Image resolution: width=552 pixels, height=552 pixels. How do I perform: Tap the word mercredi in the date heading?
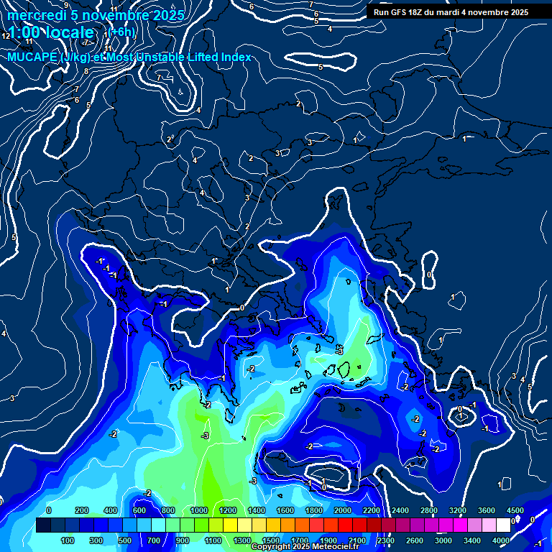37,15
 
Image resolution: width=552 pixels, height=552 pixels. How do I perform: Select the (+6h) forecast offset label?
121,32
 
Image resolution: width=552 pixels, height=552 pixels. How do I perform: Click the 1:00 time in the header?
26,32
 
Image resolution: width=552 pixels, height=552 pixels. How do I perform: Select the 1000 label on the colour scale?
199,510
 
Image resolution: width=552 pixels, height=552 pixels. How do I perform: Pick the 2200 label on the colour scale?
372,510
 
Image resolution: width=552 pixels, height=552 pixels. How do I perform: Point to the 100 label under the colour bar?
68,540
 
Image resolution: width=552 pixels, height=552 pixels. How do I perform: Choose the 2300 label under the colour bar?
385,540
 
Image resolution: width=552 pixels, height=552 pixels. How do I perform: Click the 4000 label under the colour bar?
500,540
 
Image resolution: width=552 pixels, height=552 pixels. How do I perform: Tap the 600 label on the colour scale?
139,510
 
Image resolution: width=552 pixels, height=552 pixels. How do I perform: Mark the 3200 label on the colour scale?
458,510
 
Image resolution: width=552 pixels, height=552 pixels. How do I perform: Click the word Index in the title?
234,57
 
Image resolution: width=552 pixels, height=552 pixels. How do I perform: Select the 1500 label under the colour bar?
270,540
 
